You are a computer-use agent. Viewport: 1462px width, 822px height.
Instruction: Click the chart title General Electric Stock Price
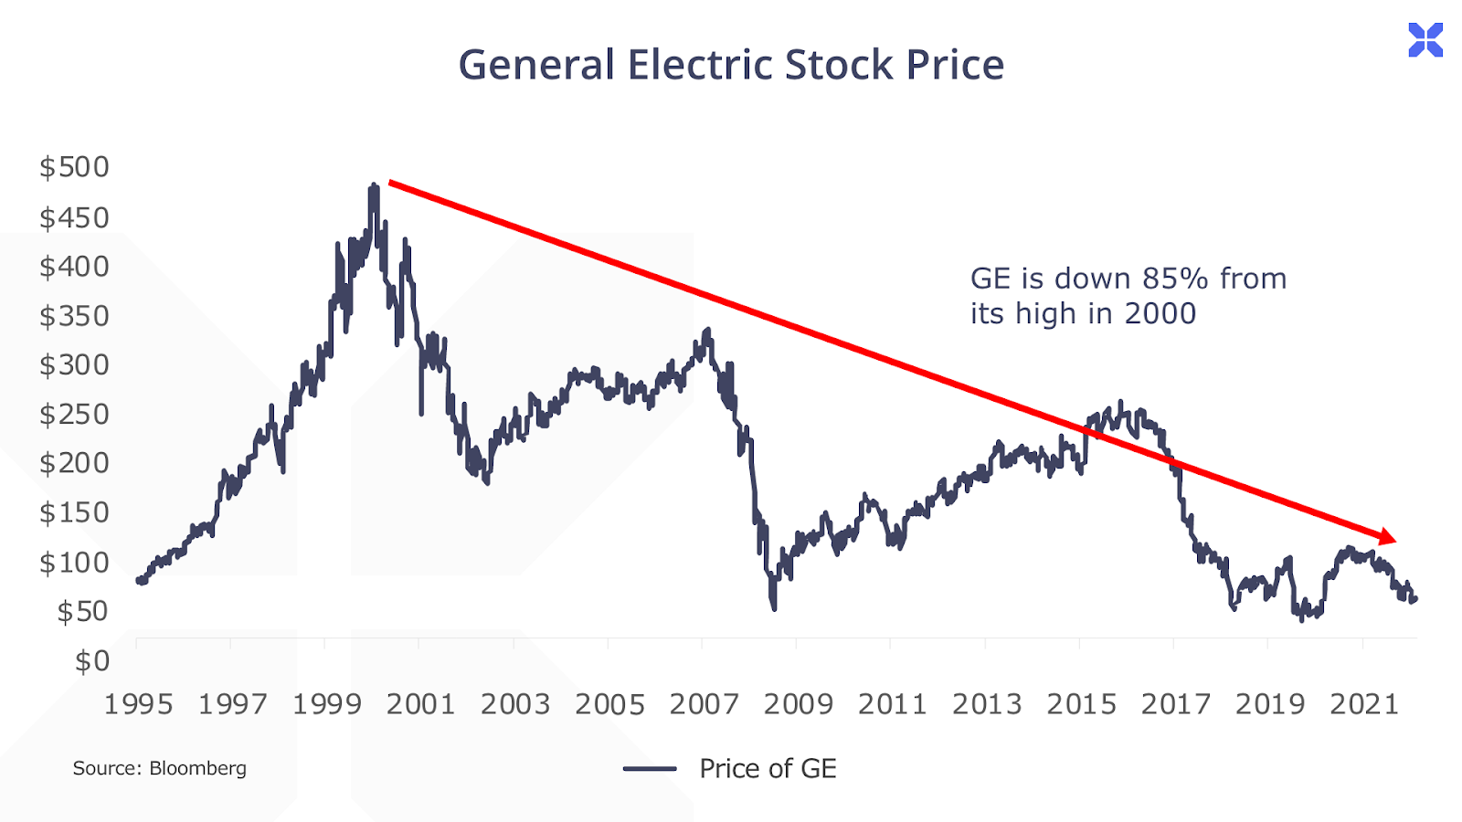tap(731, 65)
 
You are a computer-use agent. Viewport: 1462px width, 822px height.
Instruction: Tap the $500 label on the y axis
tap(74, 167)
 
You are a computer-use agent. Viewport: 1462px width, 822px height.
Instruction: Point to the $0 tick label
tap(92, 660)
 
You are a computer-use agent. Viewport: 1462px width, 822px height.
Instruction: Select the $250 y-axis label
tap(74, 415)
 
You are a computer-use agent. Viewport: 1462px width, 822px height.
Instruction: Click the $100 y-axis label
tap(74, 563)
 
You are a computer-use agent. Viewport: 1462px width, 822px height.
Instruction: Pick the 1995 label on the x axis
tap(138, 704)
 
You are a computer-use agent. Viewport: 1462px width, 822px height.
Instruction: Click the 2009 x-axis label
tap(799, 704)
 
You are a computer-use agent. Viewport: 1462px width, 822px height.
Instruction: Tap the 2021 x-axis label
tap(1364, 704)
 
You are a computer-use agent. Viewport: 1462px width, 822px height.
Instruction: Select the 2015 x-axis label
tap(1081, 704)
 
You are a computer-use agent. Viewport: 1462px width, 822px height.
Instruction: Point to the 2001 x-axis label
tap(420, 704)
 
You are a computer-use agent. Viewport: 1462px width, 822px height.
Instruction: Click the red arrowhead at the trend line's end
tap(1388, 537)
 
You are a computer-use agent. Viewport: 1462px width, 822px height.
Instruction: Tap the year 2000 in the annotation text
tap(1160, 314)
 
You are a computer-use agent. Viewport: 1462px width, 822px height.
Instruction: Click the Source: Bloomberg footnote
tap(160, 768)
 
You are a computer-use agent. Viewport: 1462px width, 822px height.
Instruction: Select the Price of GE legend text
tap(768, 769)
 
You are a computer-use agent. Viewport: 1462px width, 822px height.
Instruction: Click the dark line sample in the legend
tap(650, 769)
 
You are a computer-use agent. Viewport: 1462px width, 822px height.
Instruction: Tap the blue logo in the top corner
tap(1425, 40)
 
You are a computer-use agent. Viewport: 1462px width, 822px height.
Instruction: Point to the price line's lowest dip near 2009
tap(774, 607)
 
